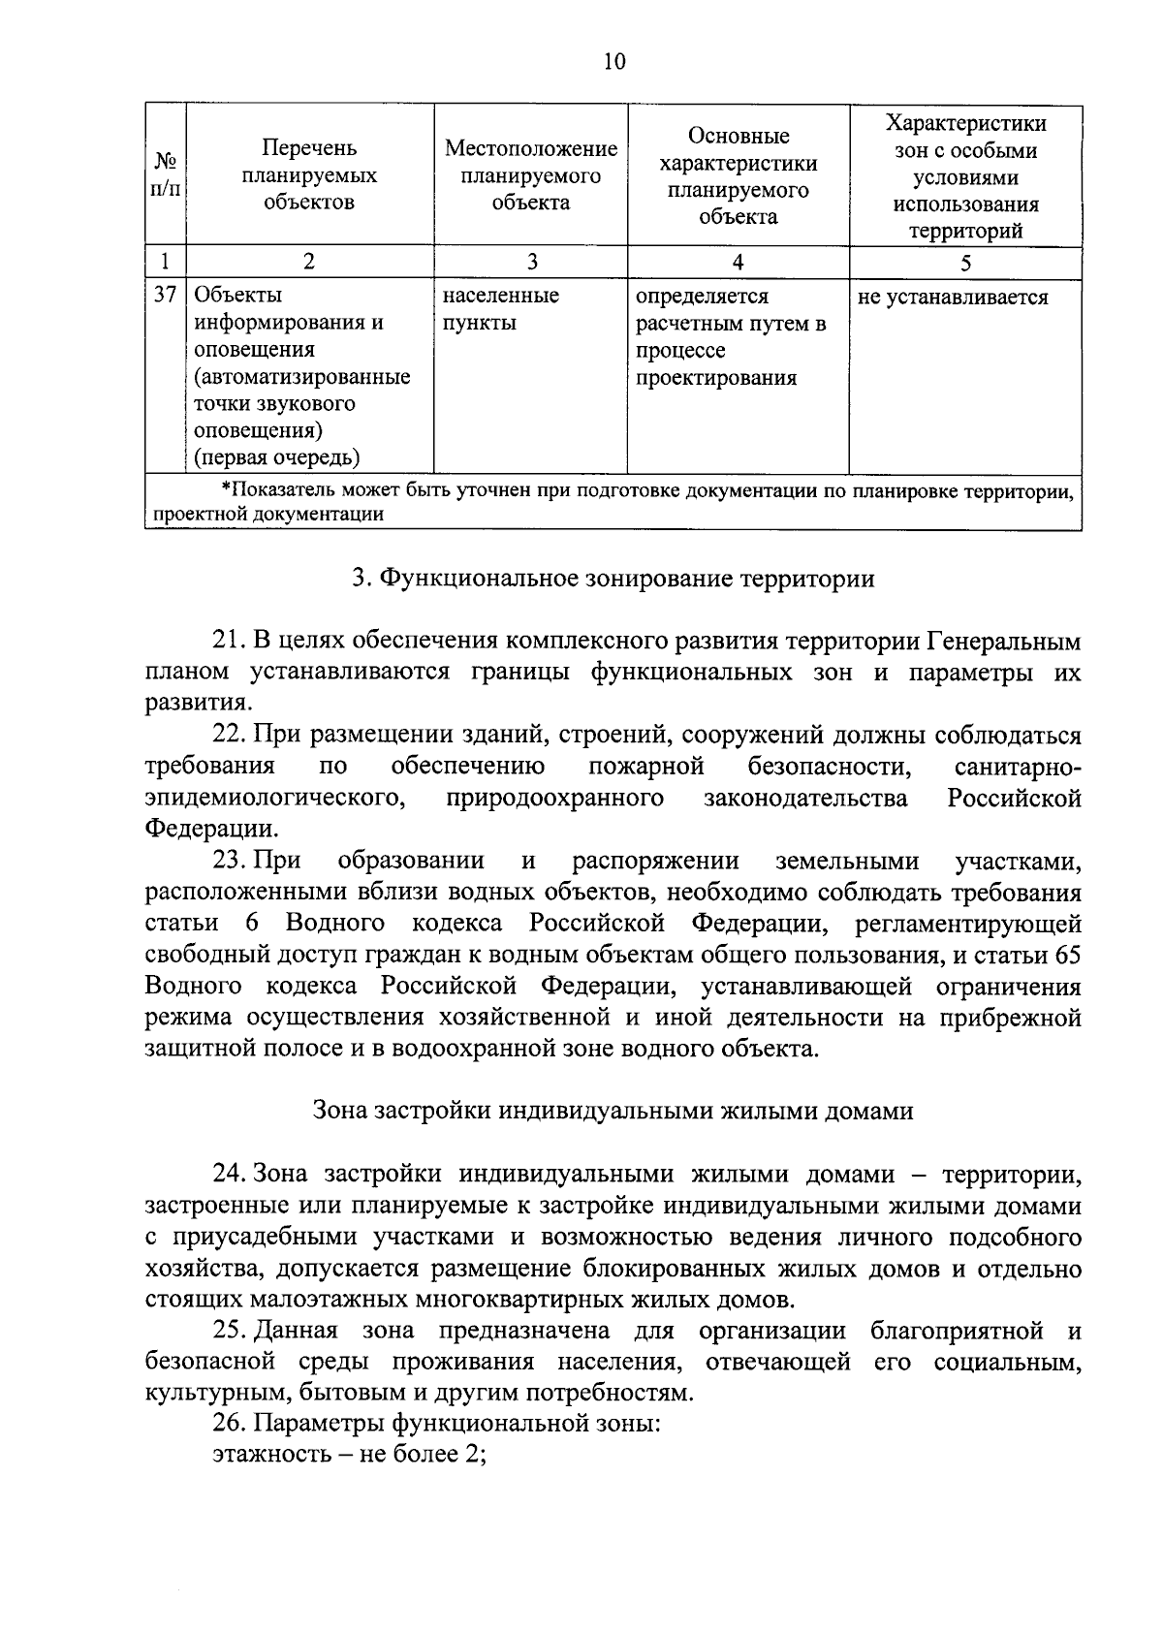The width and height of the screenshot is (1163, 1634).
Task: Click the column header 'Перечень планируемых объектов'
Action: click(309, 175)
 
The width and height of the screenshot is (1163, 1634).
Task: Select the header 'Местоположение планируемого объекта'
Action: click(530, 175)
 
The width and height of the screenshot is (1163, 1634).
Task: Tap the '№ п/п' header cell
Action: click(165, 175)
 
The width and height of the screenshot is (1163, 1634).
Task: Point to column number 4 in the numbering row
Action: click(738, 262)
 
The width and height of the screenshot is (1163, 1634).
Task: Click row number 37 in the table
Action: click(165, 295)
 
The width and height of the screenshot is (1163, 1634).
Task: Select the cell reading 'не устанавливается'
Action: click(953, 298)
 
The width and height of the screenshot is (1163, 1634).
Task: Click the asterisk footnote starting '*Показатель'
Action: click(613, 502)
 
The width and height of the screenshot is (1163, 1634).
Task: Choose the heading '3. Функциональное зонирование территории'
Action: click(613, 579)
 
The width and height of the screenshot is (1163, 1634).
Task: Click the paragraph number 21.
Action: click(230, 642)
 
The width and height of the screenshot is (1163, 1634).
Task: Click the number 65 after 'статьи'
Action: click(1066, 955)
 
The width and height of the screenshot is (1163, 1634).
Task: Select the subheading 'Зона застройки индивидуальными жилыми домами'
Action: click(613, 1111)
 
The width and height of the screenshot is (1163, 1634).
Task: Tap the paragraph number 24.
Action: click(230, 1174)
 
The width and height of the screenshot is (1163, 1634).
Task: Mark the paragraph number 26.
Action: click(230, 1425)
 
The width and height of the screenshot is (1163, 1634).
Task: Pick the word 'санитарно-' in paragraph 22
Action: click(1017, 768)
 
